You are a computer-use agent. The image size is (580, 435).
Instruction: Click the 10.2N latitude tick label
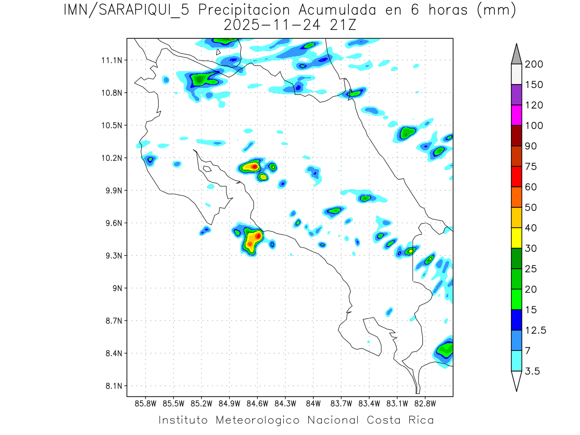111,158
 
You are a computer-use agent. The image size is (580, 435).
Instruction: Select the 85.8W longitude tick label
145,403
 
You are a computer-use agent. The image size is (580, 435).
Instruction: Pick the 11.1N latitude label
111,60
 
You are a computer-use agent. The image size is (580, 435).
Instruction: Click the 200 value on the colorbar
534,64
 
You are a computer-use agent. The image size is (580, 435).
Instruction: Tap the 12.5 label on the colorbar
535,331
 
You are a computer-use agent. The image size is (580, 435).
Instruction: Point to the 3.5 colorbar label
533,371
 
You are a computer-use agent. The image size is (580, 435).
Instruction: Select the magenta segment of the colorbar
516,115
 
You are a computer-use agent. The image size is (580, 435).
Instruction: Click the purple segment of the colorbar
516,95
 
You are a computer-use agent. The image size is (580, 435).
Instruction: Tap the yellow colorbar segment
516,238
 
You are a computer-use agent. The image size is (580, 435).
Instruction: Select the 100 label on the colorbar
534,126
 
